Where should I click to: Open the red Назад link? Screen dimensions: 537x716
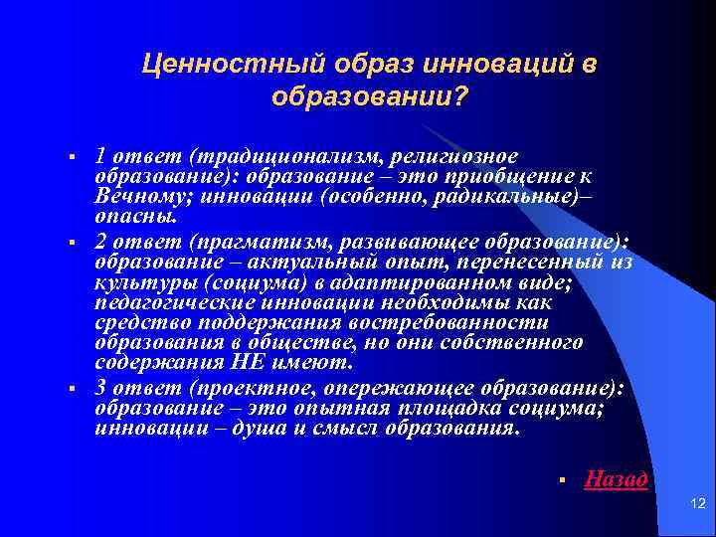coord(617,479)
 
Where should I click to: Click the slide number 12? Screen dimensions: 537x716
coord(696,507)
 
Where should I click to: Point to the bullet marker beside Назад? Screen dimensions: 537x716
coord(562,480)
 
